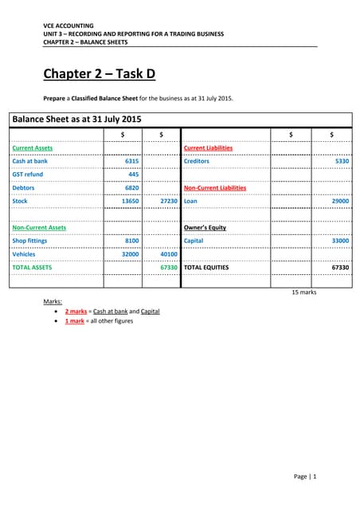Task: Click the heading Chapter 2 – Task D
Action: point(100,75)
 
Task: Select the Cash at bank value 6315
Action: point(131,161)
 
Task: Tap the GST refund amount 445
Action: point(134,175)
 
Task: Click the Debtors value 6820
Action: point(131,188)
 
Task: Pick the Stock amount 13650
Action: point(130,202)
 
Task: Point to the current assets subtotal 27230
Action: point(168,202)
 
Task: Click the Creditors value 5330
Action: point(340,161)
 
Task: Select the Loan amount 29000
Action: point(338,202)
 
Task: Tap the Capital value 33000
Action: point(338,241)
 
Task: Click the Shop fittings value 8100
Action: point(131,241)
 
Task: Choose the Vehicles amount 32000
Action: point(130,254)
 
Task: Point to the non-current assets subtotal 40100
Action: point(168,254)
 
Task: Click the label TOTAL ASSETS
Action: point(32,268)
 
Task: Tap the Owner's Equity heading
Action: point(205,228)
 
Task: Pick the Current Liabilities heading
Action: point(208,148)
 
